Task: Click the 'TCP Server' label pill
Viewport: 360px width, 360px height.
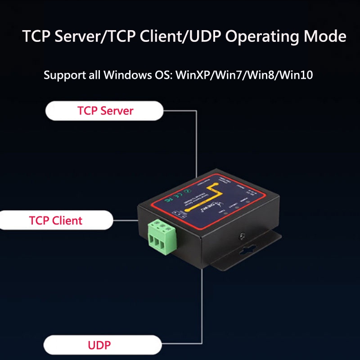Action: (105, 111)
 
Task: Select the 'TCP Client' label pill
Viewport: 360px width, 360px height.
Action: (56, 220)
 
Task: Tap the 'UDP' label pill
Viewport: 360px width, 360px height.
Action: (99, 346)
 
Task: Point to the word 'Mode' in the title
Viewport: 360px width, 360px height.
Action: (324, 36)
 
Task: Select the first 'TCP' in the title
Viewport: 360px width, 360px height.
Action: (36, 36)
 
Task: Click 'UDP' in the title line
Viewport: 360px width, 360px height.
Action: (206, 36)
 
